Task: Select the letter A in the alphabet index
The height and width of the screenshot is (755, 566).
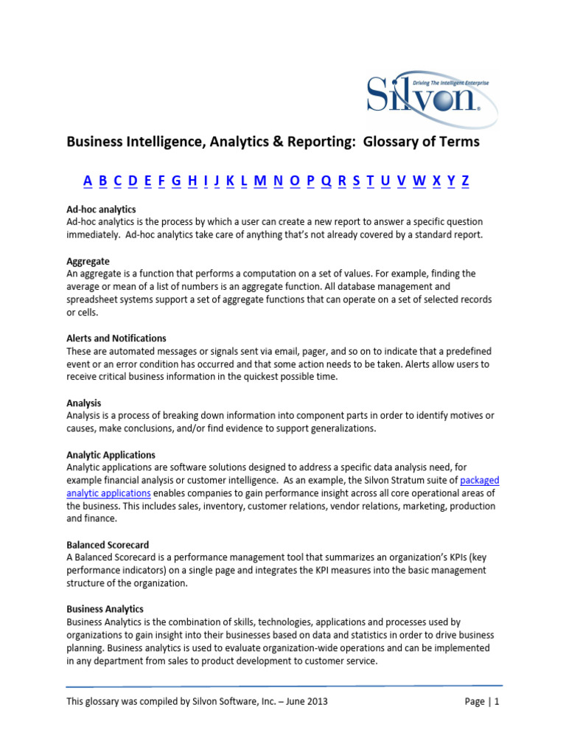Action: pos(87,181)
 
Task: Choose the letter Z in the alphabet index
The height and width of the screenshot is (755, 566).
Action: pos(465,181)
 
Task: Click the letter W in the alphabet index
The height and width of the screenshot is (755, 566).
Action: pos(419,181)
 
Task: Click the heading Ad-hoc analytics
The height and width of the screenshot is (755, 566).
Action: pos(101,210)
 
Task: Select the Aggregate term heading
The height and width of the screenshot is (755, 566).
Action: pos(88,261)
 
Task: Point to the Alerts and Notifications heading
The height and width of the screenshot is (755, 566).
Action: pos(116,338)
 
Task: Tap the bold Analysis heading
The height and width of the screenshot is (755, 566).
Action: pos(83,403)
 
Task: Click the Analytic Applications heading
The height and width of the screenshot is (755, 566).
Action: pos(111,455)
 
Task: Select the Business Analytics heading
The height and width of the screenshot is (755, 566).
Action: pos(105,609)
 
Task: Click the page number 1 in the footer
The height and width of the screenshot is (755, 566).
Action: pos(497,702)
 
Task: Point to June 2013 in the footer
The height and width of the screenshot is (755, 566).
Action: pos(305,702)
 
